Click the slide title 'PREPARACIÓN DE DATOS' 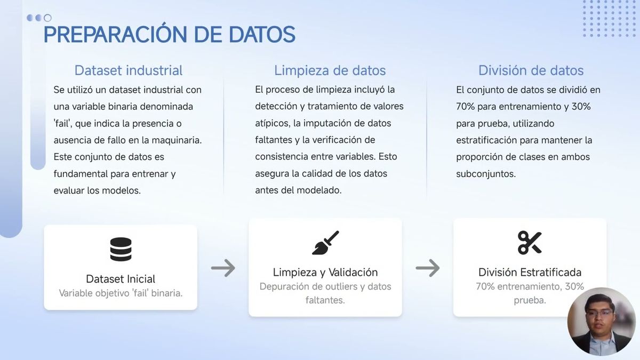[x=169, y=35]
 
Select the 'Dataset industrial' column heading [x=128, y=70]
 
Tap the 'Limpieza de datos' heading [x=330, y=70]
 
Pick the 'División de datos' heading [x=531, y=70]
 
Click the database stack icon [x=121, y=249]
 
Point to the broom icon [x=325, y=243]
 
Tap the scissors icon [x=530, y=243]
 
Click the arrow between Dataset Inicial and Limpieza [x=223, y=268]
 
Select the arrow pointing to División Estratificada [x=428, y=268]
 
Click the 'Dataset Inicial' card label [x=121, y=279]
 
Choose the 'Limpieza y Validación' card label [x=325, y=273]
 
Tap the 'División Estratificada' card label [x=530, y=273]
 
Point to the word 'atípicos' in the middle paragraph [x=272, y=123]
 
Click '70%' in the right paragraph [x=466, y=106]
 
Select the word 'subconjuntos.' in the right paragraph [x=486, y=174]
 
